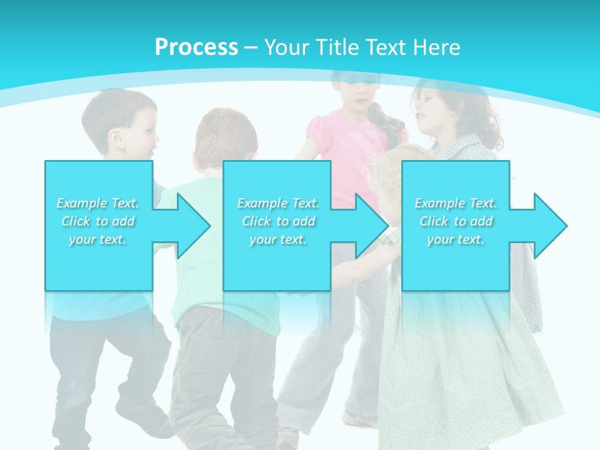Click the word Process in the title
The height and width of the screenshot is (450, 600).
pyautogui.click(x=196, y=47)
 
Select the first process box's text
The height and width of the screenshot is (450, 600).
pyautogui.click(x=98, y=221)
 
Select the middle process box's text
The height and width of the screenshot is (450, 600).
pyautogui.click(x=278, y=221)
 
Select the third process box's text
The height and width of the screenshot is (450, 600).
pyautogui.click(x=456, y=221)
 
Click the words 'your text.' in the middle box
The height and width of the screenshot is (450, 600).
pyautogui.click(x=278, y=239)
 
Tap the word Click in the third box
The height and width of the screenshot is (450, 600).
pyautogui.click(x=434, y=221)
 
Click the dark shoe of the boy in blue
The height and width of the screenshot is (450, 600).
pyautogui.click(x=144, y=419)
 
